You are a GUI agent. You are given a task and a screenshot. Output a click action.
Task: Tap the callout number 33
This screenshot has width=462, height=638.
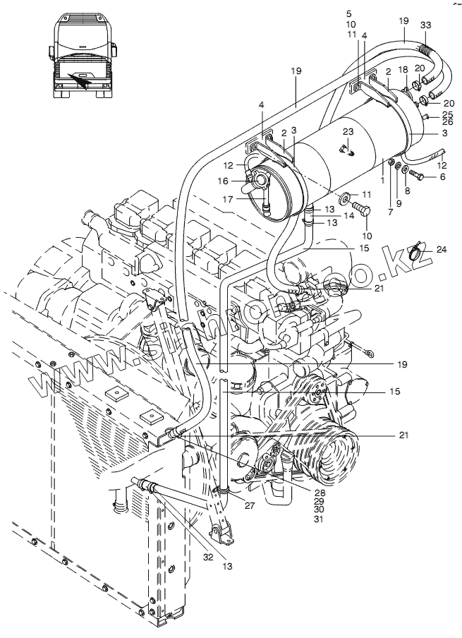[x=425, y=25]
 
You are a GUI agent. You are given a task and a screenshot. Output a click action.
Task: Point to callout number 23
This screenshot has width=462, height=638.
[x=347, y=132]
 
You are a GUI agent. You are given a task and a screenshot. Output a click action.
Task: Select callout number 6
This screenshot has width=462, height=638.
[x=442, y=176]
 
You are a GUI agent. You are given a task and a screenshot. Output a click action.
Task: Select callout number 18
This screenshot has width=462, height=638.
[x=403, y=71]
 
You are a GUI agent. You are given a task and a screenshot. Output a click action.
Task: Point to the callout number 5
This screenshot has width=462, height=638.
[x=348, y=13]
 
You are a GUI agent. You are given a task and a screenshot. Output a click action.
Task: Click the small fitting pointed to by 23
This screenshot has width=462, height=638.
[x=345, y=149]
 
